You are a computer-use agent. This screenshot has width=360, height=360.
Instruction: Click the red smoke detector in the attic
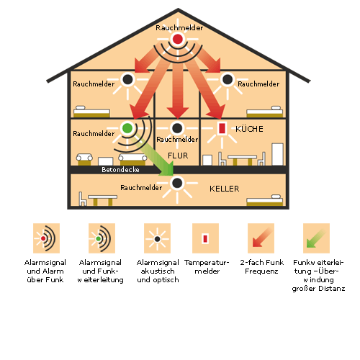point(178,39)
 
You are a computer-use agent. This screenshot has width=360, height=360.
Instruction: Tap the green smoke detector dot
point(127,128)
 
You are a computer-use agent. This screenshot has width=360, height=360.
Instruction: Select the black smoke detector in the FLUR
point(177,128)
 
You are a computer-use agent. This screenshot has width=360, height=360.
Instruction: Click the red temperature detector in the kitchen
point(222,128)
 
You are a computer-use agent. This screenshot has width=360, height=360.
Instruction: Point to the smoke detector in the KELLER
point(177,183)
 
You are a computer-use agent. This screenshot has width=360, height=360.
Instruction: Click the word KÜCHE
point(249,129)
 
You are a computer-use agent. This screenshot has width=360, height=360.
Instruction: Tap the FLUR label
point(178,156)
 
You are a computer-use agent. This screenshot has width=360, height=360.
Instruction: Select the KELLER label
point(224,189)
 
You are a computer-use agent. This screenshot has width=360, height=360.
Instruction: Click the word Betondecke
point(120,170)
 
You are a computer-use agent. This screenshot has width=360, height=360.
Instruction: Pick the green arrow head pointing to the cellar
point(167,168)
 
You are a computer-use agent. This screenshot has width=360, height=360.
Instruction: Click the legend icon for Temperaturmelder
point(205,238)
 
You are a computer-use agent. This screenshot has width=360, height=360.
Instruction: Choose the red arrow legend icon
point(261,238)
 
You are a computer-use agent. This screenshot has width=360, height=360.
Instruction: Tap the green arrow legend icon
point(316,238)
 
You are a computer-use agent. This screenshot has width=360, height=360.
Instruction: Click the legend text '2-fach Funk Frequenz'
point(261,266)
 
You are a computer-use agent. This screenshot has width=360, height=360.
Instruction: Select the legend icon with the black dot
point(157,238)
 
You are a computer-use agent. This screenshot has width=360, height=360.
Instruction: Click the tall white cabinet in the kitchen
point(277,154)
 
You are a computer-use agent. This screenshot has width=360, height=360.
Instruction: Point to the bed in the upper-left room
point(91,112)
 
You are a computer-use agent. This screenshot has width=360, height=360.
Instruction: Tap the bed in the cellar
point(265,200)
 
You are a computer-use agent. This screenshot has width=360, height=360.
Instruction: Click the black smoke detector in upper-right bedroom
point(228,79)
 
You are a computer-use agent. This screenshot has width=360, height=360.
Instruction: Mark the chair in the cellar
point(82,199)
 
